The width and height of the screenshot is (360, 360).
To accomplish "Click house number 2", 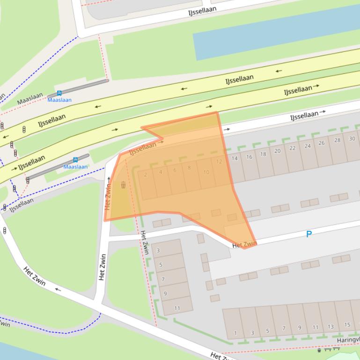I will click(146, 175).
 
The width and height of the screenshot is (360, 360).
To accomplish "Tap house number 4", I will click(161, 172).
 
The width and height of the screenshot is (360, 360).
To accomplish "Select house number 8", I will click(189, 168).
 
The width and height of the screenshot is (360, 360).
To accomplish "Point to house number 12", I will click(219, 162).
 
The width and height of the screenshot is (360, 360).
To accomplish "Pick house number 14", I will click(235, 158).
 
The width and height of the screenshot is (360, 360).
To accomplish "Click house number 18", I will click(263, 154).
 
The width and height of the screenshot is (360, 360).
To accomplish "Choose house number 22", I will click(293, 148).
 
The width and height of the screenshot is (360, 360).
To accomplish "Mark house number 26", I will click(322, 143).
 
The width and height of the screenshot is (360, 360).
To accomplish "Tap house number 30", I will click(352, 138).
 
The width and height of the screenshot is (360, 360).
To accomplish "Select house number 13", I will click(331, 327).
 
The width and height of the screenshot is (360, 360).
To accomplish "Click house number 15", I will click(347, 324).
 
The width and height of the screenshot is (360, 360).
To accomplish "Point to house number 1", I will click(235, 333).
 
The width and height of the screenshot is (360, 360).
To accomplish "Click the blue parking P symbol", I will click(309, 234).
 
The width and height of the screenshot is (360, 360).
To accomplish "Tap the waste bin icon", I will click(123, 185).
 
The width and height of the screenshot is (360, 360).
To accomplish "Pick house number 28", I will click(337, 140).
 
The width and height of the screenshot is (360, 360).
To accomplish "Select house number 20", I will click(278, 151).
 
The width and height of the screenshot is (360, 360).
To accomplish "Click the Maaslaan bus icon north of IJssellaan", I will click(59, 94).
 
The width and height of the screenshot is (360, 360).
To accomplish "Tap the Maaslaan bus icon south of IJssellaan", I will click(75, 160).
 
